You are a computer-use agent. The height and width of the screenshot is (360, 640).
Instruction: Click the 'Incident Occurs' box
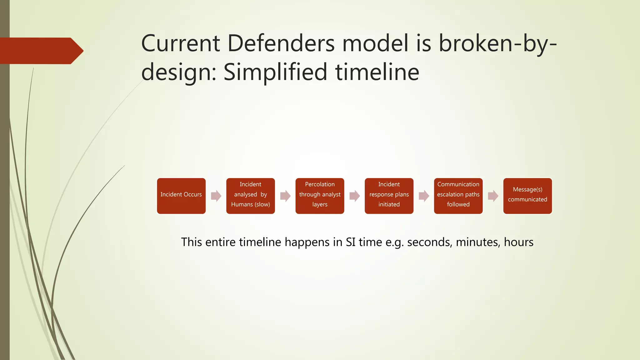(181, 196)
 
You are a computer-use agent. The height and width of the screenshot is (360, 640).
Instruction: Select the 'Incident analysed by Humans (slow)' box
(250, 196)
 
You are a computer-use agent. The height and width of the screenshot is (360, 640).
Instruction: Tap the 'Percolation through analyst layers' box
(320, 196)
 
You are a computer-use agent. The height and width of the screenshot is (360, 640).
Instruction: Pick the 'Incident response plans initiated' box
(389, 196)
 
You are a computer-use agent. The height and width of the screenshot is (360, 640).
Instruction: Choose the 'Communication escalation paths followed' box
(458, 196)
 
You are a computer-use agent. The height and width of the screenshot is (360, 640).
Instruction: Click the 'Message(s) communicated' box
(527, 196)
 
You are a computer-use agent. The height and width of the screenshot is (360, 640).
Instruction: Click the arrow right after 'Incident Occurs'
(216, 196)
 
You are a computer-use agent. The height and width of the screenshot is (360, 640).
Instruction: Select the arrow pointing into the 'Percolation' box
(285, 196)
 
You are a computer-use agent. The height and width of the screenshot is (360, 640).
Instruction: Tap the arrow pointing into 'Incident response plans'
(354, 196)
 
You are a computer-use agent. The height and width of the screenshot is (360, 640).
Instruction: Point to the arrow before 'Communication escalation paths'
(424, 196)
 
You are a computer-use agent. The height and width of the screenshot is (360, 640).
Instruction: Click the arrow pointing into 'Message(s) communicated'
(493, 196)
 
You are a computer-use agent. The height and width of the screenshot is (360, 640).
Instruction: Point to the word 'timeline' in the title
(377, 72)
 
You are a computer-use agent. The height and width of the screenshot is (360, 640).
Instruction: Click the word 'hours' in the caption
(518, 242)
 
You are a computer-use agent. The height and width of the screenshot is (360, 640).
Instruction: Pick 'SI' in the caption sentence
(350, 242)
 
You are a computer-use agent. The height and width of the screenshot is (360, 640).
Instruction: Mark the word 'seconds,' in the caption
(430, 242)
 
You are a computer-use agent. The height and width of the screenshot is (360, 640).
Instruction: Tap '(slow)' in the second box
(262, 204)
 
